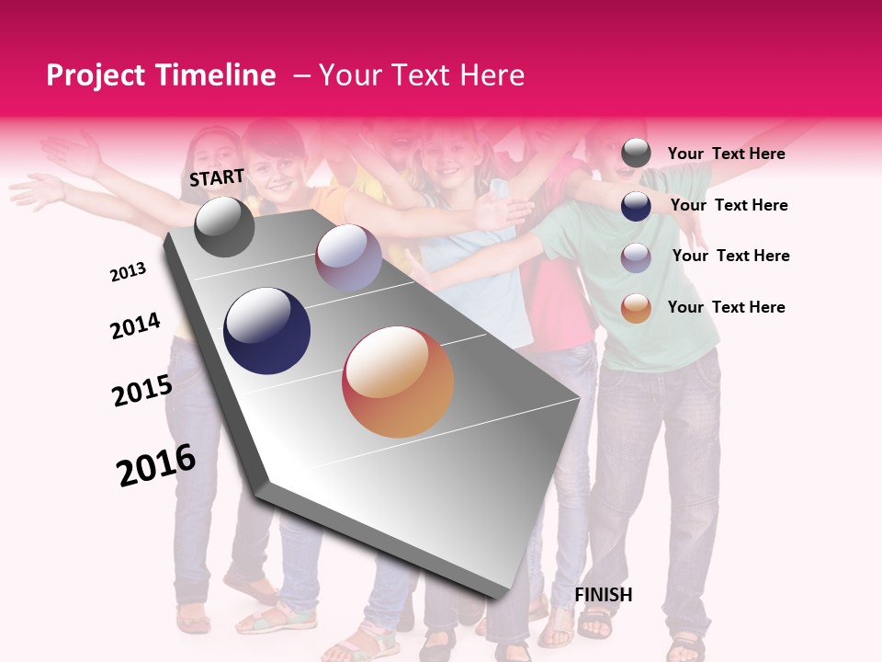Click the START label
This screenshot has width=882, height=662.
pos(217,177)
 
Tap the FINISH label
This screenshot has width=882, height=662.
pos(604,595)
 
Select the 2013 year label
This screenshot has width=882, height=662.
pos(128,271)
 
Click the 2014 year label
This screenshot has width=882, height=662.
pos(135,325)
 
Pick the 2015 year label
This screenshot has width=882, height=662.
pos(141,390)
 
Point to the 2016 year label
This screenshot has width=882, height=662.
pos(156,464)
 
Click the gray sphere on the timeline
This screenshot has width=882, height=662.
pos(224,227)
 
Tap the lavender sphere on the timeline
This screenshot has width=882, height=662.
pos(348,257)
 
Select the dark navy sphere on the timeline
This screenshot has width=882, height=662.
pos(266,331)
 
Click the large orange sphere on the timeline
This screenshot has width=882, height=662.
pos(398,382)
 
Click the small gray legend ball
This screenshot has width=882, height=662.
pos(636,154)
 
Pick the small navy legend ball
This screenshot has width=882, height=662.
pos(636,206)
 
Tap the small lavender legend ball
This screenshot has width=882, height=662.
pos(636,257)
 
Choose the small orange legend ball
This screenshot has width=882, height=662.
pos(636,308)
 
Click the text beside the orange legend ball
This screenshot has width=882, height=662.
pos(726,307)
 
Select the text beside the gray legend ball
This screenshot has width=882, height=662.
pos(726,154)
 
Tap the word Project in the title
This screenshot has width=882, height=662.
pos(96,75)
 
